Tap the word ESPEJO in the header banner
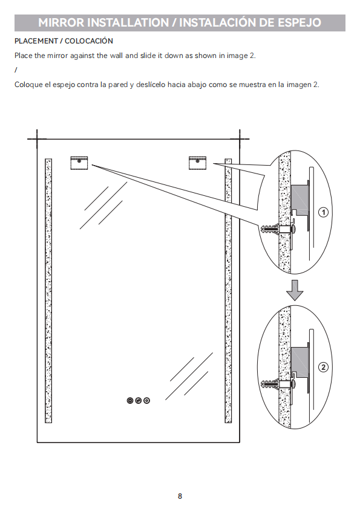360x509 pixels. click(299, 22)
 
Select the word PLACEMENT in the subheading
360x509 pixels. click(36, 41)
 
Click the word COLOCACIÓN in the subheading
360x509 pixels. click(89, 41)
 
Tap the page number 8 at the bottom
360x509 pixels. click(180, 496)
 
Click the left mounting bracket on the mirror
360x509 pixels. click(79, 163)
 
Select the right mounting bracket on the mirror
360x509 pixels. click(197, 163)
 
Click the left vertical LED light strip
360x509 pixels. click(48, 291)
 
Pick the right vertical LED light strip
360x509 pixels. click(228, 291)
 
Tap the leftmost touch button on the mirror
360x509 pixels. click(130, 401)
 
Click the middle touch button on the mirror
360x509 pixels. click(139, 401)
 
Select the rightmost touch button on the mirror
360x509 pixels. click(147, 401)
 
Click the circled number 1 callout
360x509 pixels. click(323, 213)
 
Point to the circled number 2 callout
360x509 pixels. click(323, 367)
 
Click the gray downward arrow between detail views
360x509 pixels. click(295, 290)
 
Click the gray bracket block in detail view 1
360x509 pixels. click(299, 199)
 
